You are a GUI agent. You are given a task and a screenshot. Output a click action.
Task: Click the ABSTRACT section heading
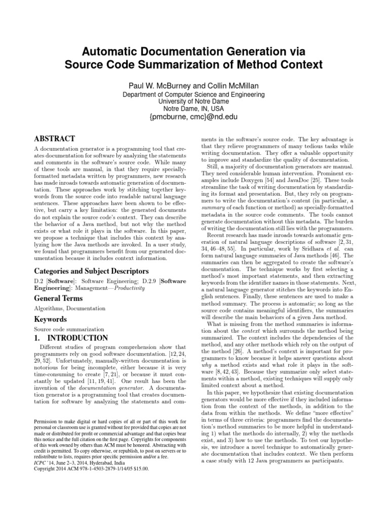point(55,139)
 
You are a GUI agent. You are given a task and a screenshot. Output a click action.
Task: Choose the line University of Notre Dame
point(194,101)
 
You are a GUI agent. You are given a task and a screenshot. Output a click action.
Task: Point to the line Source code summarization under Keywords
point(66,329)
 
